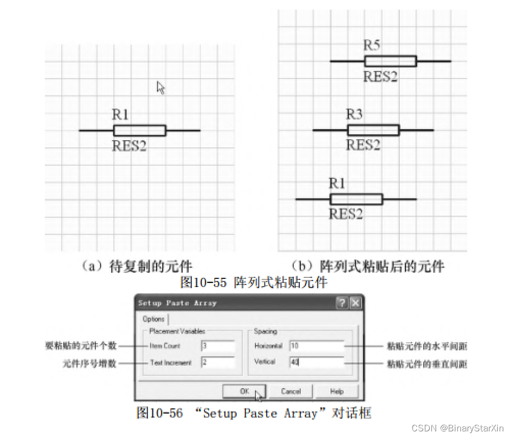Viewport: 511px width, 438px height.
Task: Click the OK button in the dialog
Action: point(244,391)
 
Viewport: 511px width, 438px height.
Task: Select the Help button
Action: point(336,391)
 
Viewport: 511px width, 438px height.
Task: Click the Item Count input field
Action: point(217,346)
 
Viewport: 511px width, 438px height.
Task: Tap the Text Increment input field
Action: point(217,363)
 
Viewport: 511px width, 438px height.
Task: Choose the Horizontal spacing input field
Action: point(316,346)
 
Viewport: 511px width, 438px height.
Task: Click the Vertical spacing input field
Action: point(316,362)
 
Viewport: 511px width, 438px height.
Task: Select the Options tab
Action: point(154,319)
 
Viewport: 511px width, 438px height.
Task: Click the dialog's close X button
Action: point(355,303)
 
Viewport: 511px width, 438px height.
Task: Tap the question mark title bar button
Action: point(342,303)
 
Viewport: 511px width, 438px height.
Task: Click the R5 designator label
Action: point(371,45)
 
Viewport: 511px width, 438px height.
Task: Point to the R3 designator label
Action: point(354,114)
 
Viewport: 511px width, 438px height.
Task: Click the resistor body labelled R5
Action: point(390,61)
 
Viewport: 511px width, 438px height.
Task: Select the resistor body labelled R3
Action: point(373,130)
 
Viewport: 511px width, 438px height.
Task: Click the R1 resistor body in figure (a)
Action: point(140,131)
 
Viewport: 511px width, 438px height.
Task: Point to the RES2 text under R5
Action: point(380,77)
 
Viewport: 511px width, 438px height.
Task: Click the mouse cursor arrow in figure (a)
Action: point(161,88)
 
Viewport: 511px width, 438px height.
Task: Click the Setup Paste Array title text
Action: point(177,303)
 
